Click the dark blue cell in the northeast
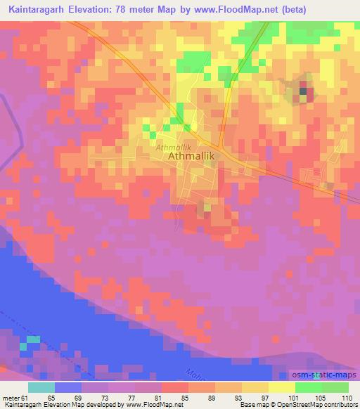304,89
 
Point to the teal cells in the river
30,342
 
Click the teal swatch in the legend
41,387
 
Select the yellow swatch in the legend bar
281,387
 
